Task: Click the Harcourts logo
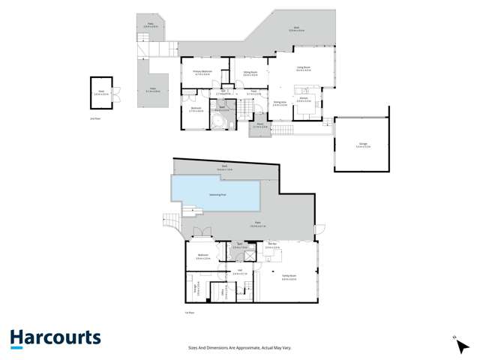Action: (55, 338)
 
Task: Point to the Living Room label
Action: (304, 70)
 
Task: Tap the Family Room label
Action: (289, 277)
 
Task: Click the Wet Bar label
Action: (272, 245)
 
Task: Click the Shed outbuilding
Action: (100, 93)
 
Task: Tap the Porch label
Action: (259, 126)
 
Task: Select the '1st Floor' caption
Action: (190, 312)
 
